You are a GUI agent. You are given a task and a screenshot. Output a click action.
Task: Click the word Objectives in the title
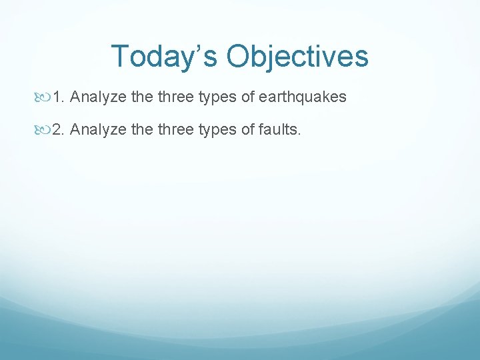tap(297, 57)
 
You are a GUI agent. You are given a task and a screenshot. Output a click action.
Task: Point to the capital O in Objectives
tap(238, 57)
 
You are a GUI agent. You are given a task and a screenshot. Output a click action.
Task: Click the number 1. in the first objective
tap(59, 97)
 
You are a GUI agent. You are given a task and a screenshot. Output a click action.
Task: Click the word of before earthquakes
tap(247, 97)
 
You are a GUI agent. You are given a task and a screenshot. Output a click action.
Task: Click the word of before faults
tap(247, 129)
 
